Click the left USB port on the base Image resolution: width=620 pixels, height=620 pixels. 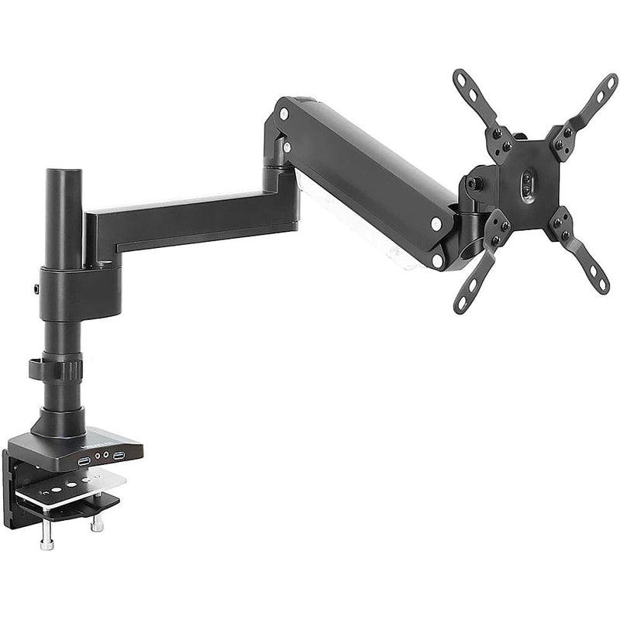point(83,461)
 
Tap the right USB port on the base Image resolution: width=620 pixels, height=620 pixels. point(119,455)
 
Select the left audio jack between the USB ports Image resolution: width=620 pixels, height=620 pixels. point(96,458)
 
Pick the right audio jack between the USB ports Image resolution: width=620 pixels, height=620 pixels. point(105,456)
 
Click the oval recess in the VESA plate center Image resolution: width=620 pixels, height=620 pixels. point(528,184)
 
